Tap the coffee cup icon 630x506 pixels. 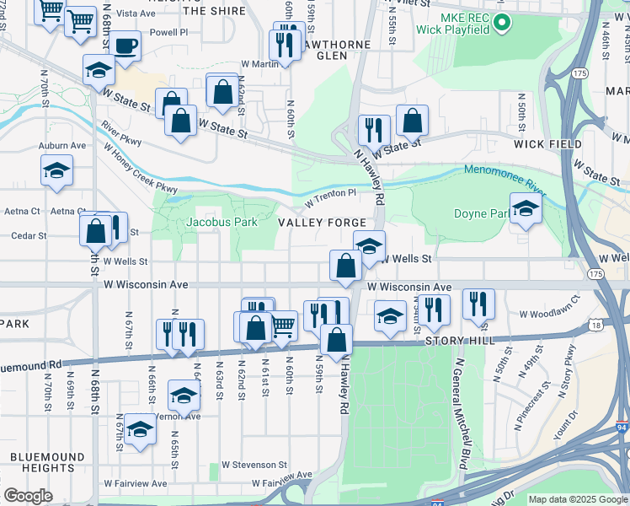[x=125, y=46]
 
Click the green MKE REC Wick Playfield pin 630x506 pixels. [x=503, y=23]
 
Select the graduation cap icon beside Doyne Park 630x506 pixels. [x=526, y=208]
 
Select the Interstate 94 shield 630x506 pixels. [x=622, y=428]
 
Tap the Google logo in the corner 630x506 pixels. [x=28, y=496]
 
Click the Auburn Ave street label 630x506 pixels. [x=62, y=145]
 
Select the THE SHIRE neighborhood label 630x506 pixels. [x=214, y=11]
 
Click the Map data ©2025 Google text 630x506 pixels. [x=578, y=499]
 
